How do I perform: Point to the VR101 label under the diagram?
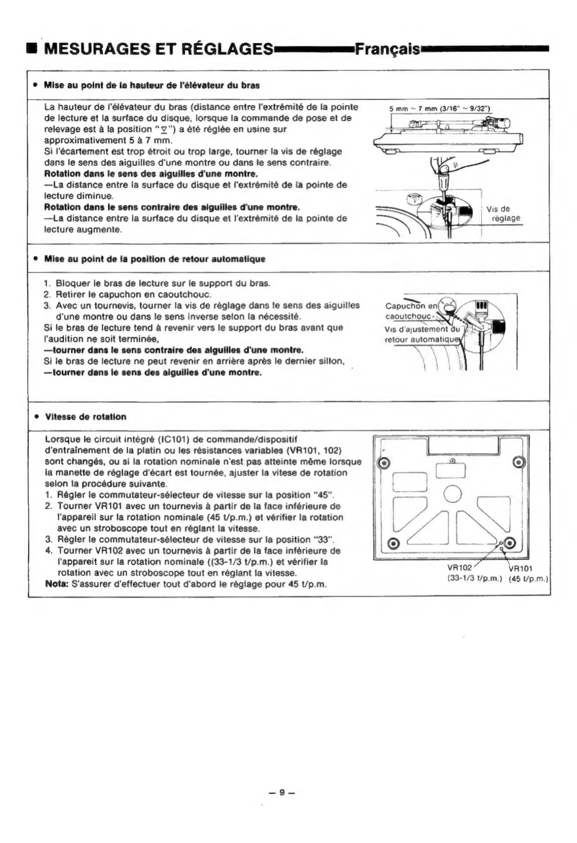pos(521,568)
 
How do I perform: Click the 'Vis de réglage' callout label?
pos(503,214)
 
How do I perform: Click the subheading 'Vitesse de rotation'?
pos(86,417)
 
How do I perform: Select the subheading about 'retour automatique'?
pos(155,259)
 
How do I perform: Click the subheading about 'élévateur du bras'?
pos(152,86)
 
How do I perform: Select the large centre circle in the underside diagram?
pos(452,494)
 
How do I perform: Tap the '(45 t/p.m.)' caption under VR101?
pos(528,579)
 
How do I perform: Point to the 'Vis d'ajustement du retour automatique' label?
pos(422,335)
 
